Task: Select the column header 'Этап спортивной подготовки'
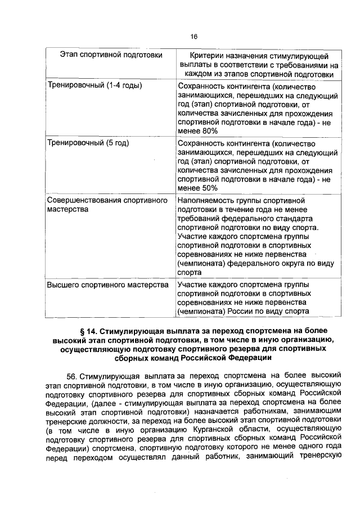tap(111, 55)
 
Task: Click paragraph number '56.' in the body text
tap(72, 376)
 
